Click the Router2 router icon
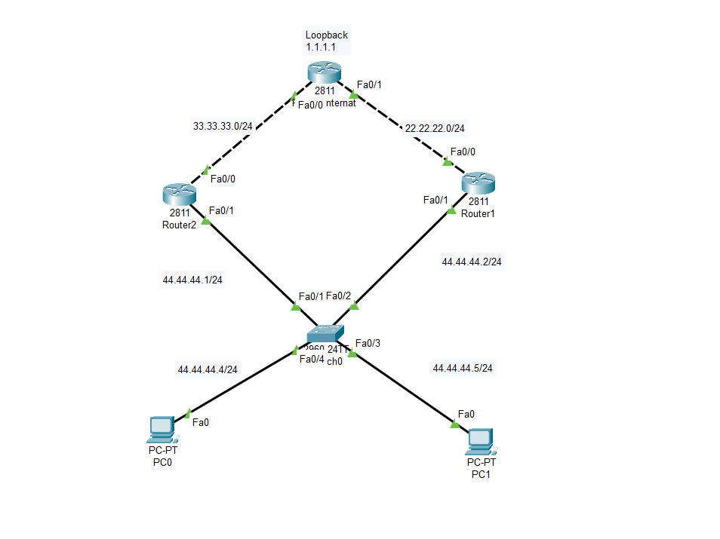pos(179,194)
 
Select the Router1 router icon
pos(478,182)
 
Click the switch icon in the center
pos(325,333)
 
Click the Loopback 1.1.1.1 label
pos(326,41)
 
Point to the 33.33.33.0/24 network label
pos(223,126)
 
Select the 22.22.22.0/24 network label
pos(435,128)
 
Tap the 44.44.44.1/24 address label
pos(192,280)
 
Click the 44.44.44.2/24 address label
pos(472,262)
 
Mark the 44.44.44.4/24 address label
pos(208,369)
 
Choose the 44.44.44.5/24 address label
pos(463,368)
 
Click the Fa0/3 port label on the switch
pos(368,344)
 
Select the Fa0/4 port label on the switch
pos(312,359)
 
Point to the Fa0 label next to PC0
pos(201,422)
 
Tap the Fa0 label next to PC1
pos(466,414)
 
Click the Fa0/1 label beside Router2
pos(221,210)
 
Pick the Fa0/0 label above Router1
pos(463,152)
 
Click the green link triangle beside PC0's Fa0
pos(187,414)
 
